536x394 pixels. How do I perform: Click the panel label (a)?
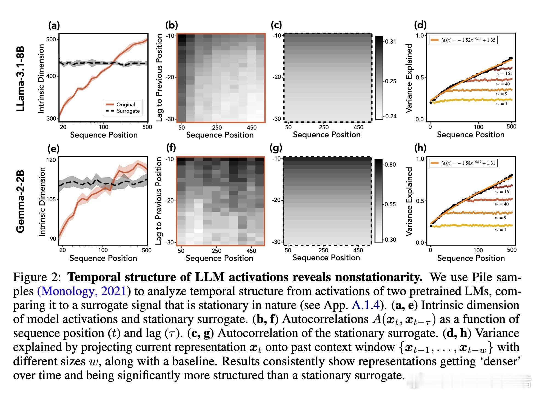pyautogui.click(x=54, y=25)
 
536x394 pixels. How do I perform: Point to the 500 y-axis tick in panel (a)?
pyautogui.click(x=52, y=39)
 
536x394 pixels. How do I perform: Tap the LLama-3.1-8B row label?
pyautogui.click(x=21, y=79)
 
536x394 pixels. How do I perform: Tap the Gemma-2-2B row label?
pyautogui.click(x=21, y=201)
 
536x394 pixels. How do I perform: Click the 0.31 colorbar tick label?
pyautogui.click(x=390, y=42)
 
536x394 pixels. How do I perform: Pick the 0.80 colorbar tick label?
pyautogui.click(x=390, y=164)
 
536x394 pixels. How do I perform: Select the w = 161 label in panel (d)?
pyautogui.click(x=504, y=73)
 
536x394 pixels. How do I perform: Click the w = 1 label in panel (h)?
pyautogui.click(x=500, y=230)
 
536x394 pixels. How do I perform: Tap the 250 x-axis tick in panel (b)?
pyautogui.click(x=217, y=127)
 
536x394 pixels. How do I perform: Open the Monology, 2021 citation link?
pyautogui.click(x=81, y=291)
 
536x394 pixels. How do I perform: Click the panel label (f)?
pyautogui.click(x=171, y=148)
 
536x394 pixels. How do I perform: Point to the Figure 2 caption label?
pyautogui.click(x=36, y=277)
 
